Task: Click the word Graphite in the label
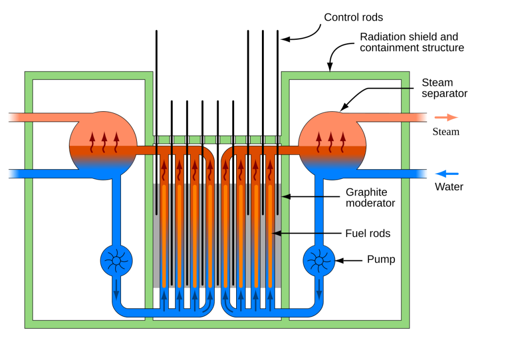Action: pyautogui.click(x=367, y=192)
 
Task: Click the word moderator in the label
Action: pyautogui.click(x=371, y=203)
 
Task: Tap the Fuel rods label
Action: pyautogui.click(x=368, y=233)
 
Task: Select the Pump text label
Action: pyautogui.click(x=381, y=259)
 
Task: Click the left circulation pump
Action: pyautogui.click(x=116, y=260)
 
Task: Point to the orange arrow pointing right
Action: pyautogui.click(x=446, y=118)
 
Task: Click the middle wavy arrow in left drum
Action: pyautogui.click(x=104, y=142)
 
